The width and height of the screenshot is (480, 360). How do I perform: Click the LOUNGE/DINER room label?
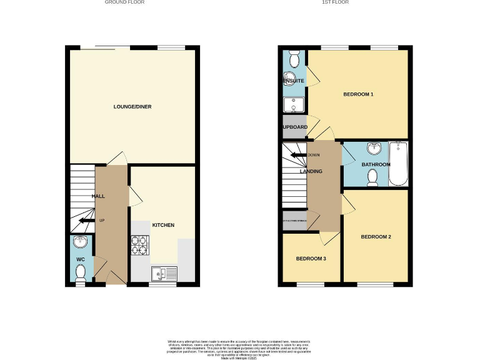point(132,107)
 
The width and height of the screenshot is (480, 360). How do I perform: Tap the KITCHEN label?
point(163,225)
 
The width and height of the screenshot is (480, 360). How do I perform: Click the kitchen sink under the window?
point(164,273)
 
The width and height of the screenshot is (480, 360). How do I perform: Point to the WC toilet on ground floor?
point(80,272)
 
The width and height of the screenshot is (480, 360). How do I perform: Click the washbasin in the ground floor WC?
point(80,242)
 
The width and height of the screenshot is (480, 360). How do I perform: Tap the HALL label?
point(98,196)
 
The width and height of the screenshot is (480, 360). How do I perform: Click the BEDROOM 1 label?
point(358,94)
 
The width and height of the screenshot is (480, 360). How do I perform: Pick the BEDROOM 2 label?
point(376,237)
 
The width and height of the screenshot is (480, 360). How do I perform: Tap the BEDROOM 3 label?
point(311,259)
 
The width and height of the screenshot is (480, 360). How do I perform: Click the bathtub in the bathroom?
point(397,164)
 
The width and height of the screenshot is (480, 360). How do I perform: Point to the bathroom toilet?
point(373,179)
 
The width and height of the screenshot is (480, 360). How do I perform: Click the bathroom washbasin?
point(374,149)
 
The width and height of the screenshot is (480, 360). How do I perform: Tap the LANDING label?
point(311,171)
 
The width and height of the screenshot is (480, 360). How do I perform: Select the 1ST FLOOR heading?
point(335,2)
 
